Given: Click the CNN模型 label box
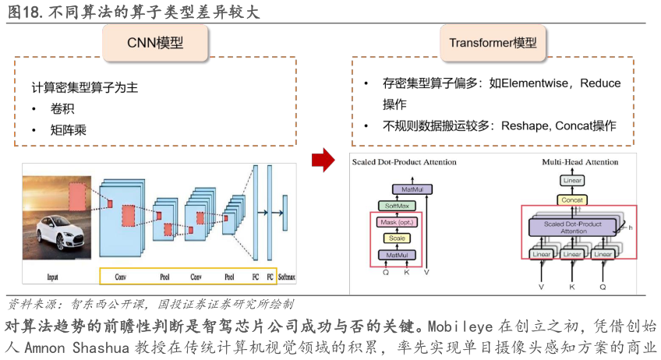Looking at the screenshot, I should pos(155,42).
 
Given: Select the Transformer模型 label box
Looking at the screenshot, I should pos(493,42).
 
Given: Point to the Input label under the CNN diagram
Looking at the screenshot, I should pos(52,277).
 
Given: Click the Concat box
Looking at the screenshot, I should pos(572,199).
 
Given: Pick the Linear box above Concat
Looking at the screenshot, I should pos(572,181).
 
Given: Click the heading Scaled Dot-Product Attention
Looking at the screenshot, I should pos(403,162).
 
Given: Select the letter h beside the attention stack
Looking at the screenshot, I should pos(630,228).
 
